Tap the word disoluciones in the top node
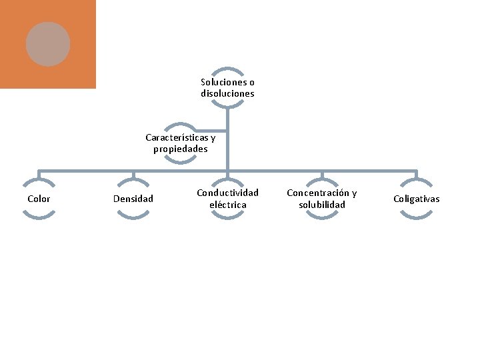[x=227, y=94]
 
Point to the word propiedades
[x=181, y=149]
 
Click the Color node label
[x=39, y=199]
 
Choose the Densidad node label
[x=133, y=199]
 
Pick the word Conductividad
[x=227, y=193]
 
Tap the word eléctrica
[x=227, y=205]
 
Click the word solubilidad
[x=322, y=205]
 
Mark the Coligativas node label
[x=417, y=199]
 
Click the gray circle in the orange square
[x=48, y=44]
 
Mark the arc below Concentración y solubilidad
[x=322, y=217]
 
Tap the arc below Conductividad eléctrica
[x=227, y=217]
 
